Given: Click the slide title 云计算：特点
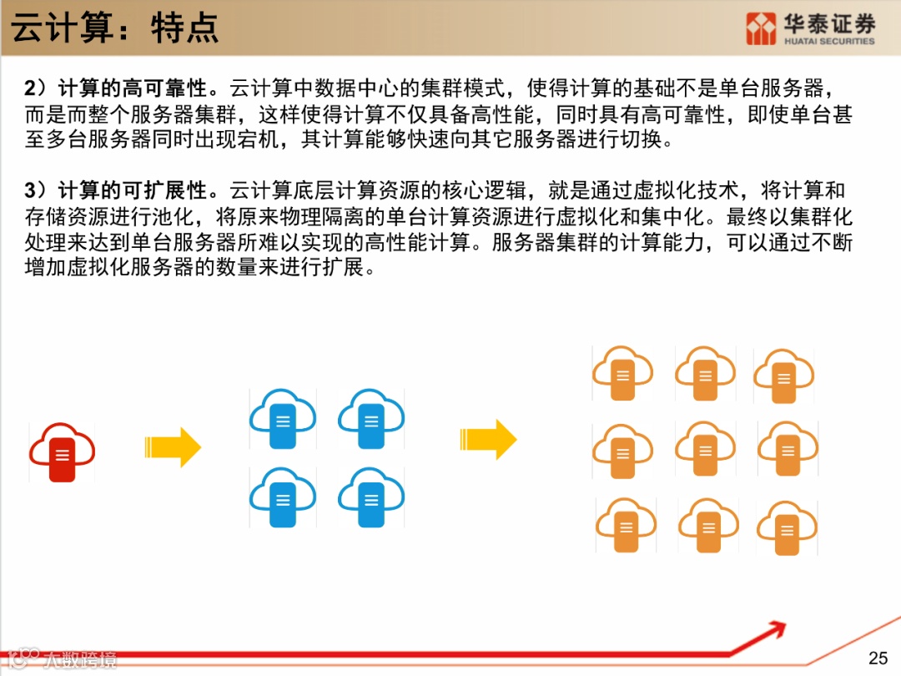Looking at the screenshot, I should click(115, 28).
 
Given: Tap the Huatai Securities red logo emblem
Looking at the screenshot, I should click(761, 28).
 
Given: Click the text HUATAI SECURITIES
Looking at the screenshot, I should click(829, 41).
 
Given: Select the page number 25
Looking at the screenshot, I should click(878, 658).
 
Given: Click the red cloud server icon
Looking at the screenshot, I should click(62, 451).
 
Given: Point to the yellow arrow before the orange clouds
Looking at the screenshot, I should click(488, 439).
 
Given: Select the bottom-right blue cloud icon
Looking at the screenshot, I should click(371, 497).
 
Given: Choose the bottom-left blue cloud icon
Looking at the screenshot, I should click(283, 497).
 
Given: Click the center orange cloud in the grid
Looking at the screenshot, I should click(706, 448).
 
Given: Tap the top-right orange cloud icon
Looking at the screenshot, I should click(784, 376).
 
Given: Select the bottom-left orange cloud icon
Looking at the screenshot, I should click(626, 526).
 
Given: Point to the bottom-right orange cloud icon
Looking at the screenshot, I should click(787, 527).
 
